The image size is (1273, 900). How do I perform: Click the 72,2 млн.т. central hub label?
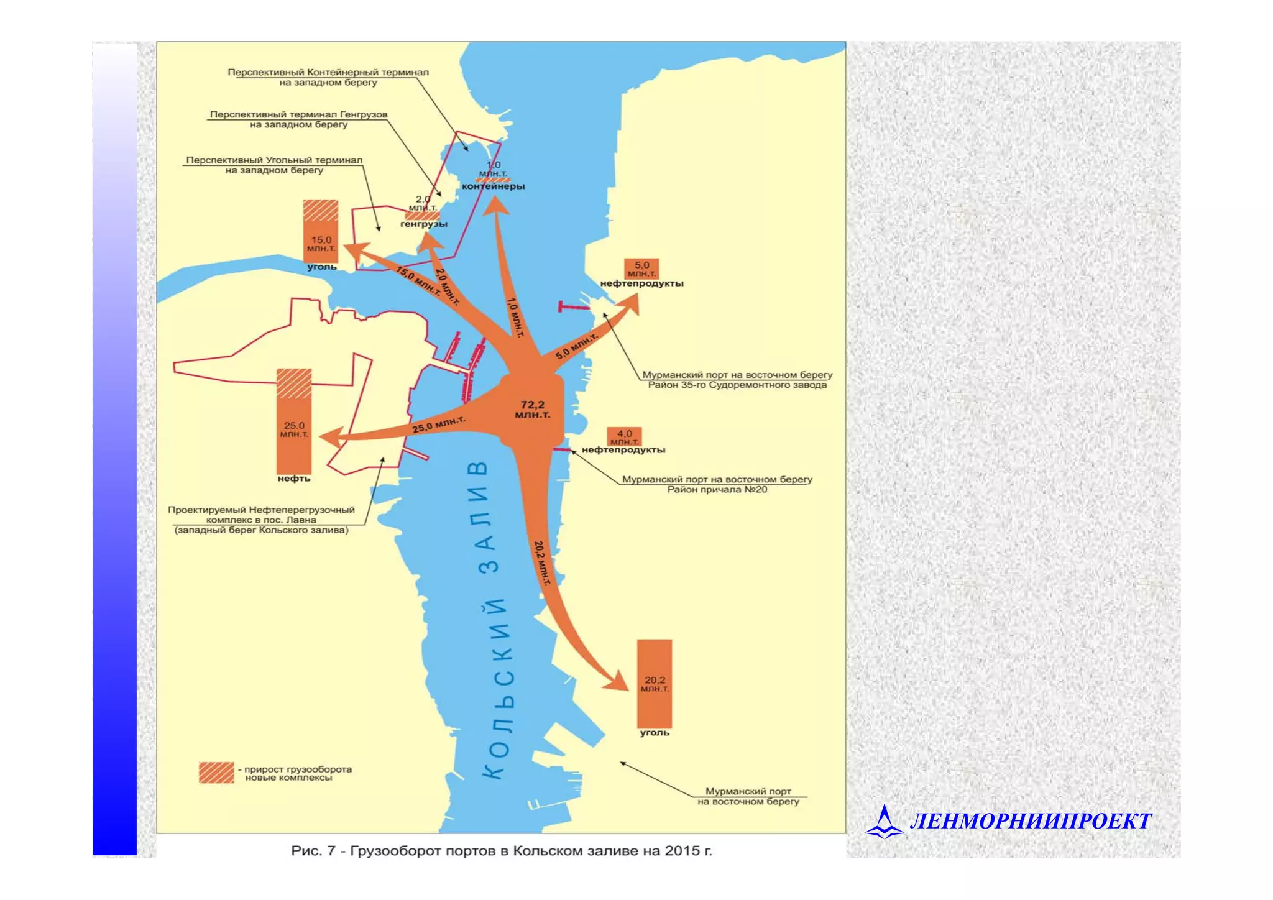click(x=532, y=410)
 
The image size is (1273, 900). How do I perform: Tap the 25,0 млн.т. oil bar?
click(x=294, y=423)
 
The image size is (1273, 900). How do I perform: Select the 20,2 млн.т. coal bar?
click(x=655, y=684)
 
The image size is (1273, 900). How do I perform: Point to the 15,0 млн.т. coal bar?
click(x=321, y=231)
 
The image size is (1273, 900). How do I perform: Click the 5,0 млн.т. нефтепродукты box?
click(x=641, y=269)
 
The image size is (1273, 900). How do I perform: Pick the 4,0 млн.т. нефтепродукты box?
click(x=624, y=436)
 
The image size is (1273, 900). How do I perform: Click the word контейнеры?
click(x=493, y=186)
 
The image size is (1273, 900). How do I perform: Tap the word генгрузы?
click(x=423, y=224)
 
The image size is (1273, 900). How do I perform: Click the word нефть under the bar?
click(x=294, y=479)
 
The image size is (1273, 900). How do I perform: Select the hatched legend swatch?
click(x=216, y=773)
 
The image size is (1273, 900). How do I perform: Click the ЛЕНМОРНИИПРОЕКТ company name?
click(x=1031, y=822)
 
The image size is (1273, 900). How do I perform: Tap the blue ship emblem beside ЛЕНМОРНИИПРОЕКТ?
click(x=884, y=822)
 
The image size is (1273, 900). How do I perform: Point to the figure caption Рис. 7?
click(x=501, y=851)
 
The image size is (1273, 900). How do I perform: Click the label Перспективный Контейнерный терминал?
click(x=328, y=72)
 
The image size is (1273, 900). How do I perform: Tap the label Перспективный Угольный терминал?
click(x=274, y=160)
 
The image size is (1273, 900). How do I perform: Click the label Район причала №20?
click(x=717, y=490)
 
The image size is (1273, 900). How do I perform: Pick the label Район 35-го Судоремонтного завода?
click(x=737, y=385)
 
